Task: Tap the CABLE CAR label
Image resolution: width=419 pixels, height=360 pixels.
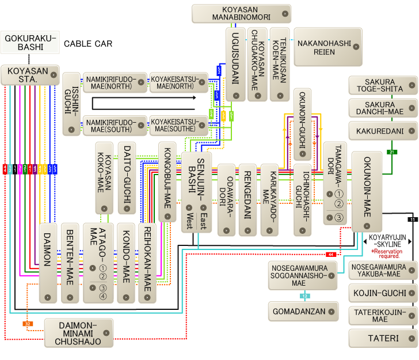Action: pyautogui.click(x=87, y=44)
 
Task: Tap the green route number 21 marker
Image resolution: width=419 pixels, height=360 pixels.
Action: pyautogui.click(x=392, y=152)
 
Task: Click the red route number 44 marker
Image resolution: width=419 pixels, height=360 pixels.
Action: pyautogui.click(x=331, y=254)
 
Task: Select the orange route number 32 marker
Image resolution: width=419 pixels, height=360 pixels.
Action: pyautogui.click(x=28, y=324)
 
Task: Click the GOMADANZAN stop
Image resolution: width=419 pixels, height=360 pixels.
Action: pyautogui.click(x=303, y=312)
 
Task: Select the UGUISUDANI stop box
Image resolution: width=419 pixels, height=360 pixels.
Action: pyautogui.click(x=235, y=64)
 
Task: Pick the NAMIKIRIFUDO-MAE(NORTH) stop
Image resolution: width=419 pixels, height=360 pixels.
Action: pyautogui.click(x=115, y=82)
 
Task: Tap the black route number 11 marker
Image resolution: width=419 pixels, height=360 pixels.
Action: pyautogui.click(x=412, y=219)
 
